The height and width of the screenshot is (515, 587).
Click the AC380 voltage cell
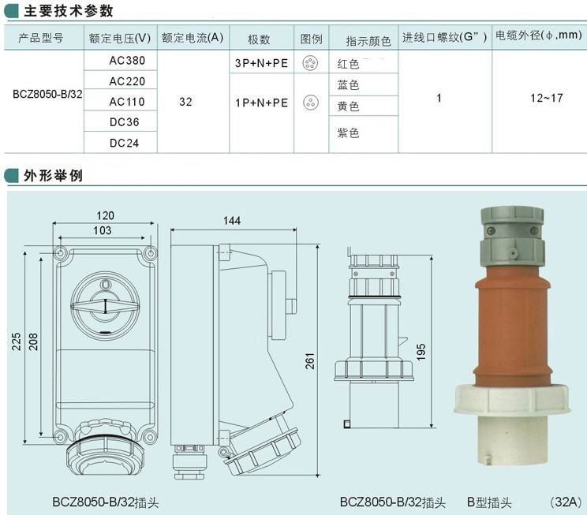coord(127,61)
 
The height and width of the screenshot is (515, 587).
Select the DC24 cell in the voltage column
coord(125,143)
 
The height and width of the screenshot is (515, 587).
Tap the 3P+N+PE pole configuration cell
coord(261,63)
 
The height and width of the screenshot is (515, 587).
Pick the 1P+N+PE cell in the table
coord(261,103)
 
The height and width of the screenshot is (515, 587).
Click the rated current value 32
coord(185,102)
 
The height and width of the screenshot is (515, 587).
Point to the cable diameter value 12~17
coord(547,98)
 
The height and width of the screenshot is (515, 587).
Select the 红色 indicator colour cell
coord(348,64)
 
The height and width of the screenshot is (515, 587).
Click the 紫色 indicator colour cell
coord(348,132)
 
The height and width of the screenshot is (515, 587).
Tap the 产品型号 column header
coord(41,38)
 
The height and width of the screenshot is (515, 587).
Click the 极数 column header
coord(259,39)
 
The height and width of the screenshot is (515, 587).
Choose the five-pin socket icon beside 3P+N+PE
coord(310,63)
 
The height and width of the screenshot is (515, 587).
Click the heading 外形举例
coord(53,176)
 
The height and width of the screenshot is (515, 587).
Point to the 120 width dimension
coord(105,215)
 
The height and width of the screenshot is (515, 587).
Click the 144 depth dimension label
coord(232,221)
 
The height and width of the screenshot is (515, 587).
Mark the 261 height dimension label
coord(310,361)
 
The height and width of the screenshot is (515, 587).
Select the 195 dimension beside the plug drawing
coord(421,352)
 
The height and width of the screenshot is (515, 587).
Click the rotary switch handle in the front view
coord(105,306)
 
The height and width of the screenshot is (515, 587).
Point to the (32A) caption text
coord(566,502)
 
